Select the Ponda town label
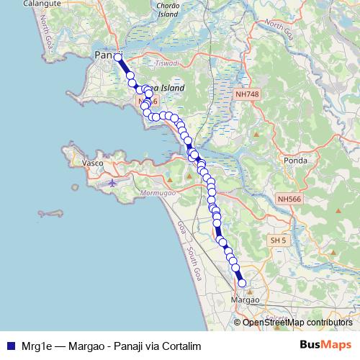pyautogui.click(x=296, y=161)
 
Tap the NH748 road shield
pyautogui.click(x=246, y=94)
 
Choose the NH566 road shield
pyautogui.click(x=289, y=198)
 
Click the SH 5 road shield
pyautogui.click(x=278, y=240)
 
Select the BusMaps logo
pyautogui.click(x=326, y=344)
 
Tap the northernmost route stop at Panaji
pyautogui.click(x=118, y=57)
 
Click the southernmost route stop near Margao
pyautogui.click(x=242, y=283)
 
